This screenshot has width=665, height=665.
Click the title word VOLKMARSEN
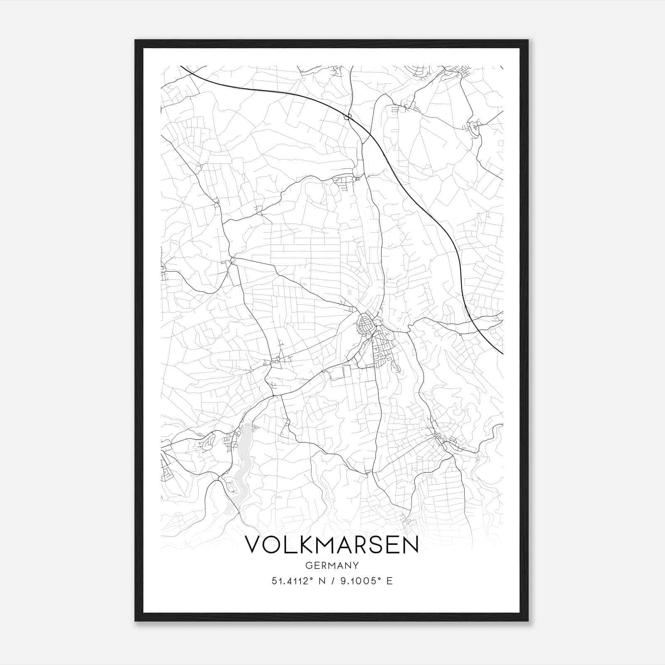point(332,545)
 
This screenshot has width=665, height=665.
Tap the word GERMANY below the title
point(332,566)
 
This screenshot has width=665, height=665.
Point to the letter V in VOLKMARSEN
point(254,545)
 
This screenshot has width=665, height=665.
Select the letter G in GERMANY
point(308,566)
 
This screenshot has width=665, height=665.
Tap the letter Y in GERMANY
point(356,566)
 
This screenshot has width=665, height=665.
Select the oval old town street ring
point(365,324)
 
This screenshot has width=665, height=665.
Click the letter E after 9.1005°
point(389,581)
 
